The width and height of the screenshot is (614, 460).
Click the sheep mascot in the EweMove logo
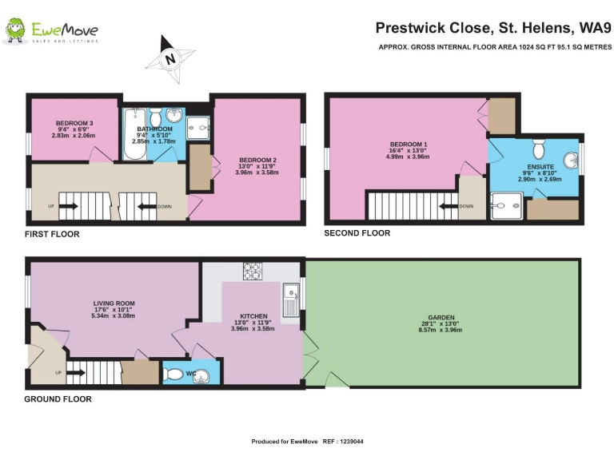[16, 30]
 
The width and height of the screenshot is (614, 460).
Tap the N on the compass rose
[170, 59]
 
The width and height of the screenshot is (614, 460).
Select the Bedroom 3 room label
[74, 123]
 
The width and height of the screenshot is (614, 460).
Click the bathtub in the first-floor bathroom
[135, 134]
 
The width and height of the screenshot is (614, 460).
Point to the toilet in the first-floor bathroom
[156, 116]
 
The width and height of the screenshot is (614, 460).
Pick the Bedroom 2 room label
[257, 160]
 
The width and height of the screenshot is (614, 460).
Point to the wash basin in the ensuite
[571, 161]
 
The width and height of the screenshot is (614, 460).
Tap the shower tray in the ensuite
[506, 206]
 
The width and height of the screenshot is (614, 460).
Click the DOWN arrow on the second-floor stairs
[448, 206]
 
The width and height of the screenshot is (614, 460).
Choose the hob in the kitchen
[253, 271]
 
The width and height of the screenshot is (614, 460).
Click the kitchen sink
[291, 300]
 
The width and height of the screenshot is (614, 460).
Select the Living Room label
[114, 303]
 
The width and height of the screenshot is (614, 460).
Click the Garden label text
[441, 318]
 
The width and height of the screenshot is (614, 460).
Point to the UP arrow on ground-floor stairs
[76, 373]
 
